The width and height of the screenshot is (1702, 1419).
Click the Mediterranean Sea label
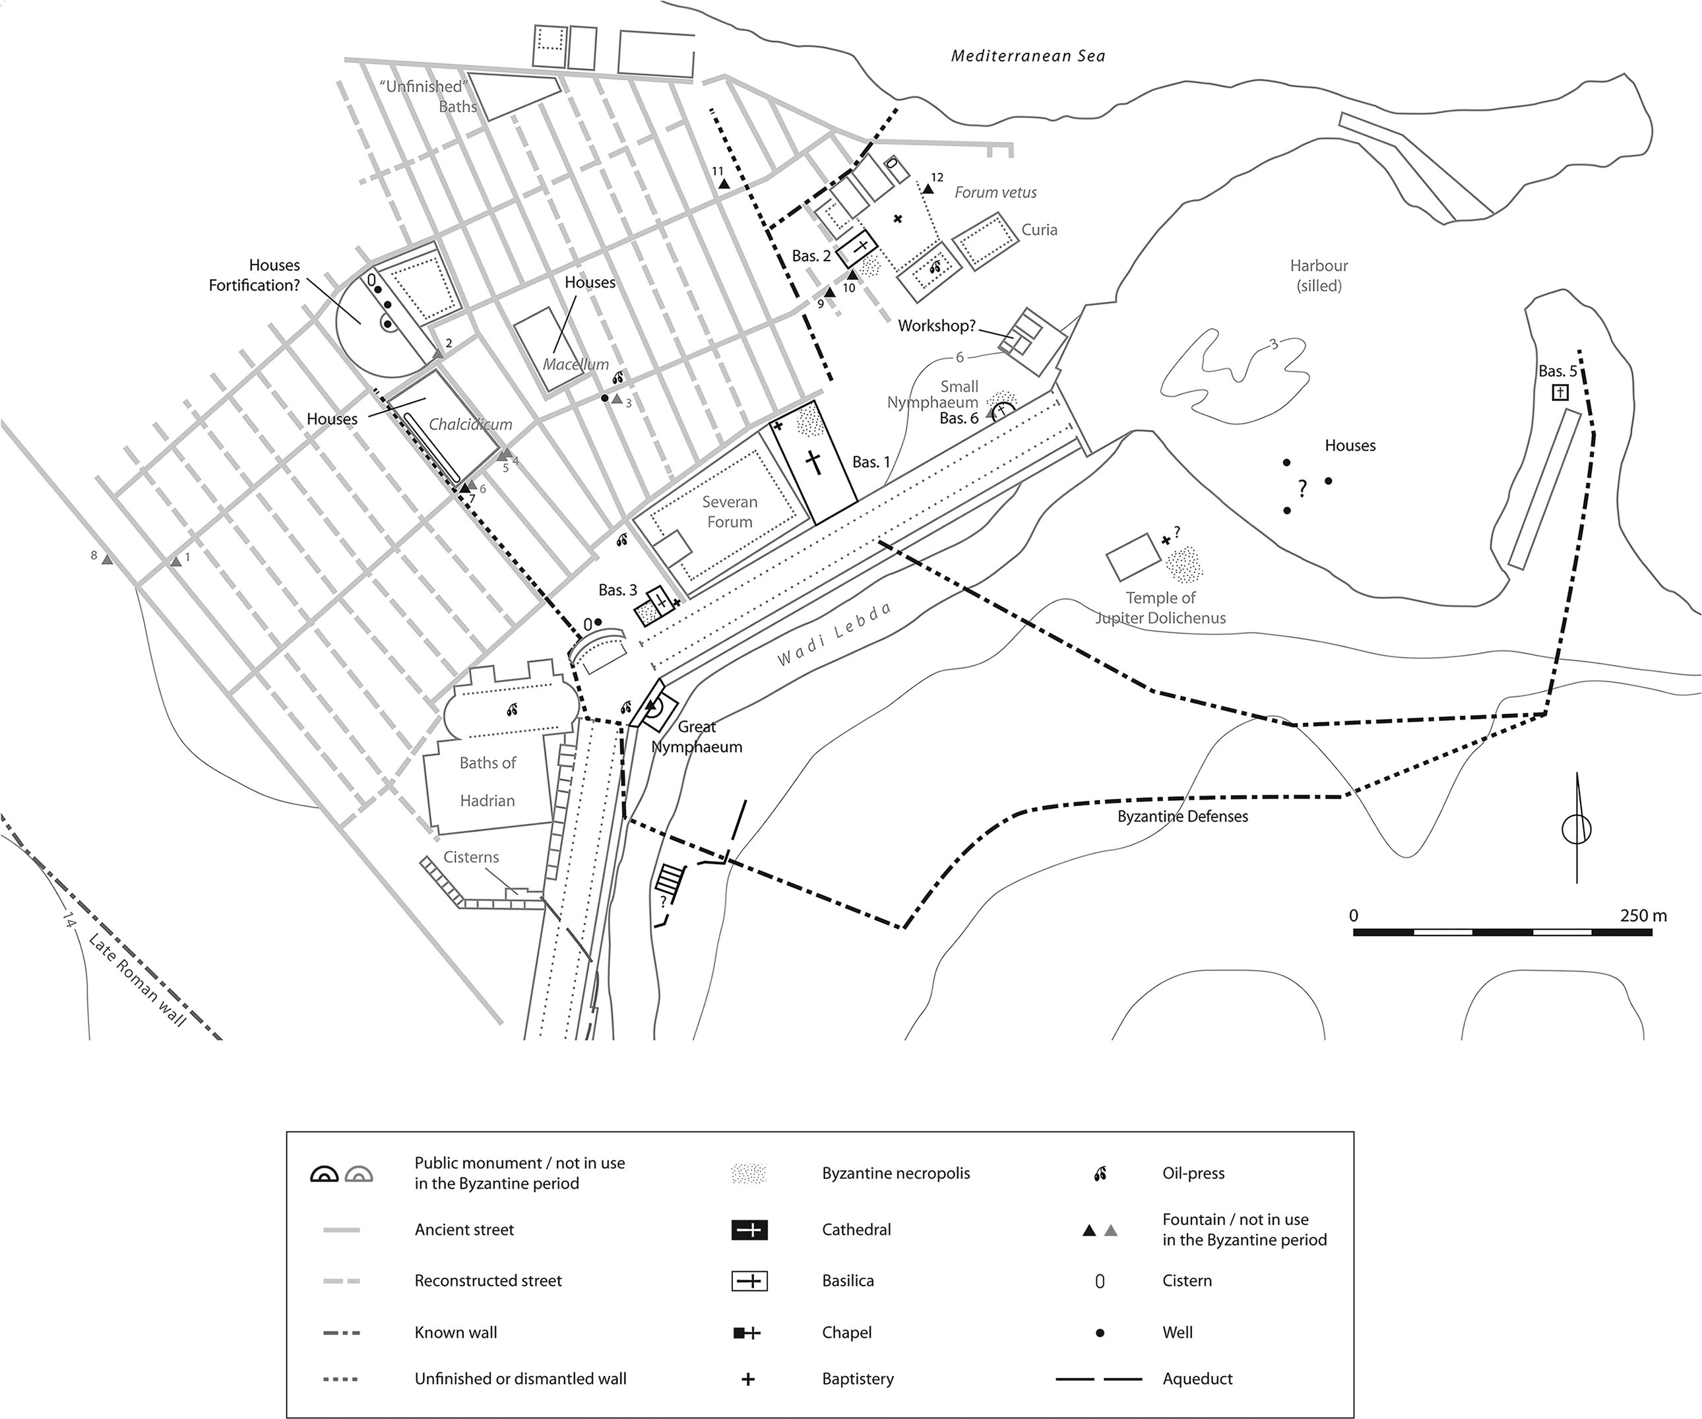(x=1028, y=56)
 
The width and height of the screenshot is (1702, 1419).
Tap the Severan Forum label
(x=730, y=511)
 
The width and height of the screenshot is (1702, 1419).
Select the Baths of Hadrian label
(x=487, y=781)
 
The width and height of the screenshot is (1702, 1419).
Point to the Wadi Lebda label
(x=834, y=635)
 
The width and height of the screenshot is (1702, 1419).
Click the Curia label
(x=1039, y=230)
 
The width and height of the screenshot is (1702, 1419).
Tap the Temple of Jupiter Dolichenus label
(x=1160, y=608)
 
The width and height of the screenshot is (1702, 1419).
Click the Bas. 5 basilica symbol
(x=1560, y=393)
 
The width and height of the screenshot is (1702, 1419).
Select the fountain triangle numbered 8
(x=107, y=560)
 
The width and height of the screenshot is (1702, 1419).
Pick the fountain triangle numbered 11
(x=724, y=185)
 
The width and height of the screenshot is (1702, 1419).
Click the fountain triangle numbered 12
(x=928, y=189)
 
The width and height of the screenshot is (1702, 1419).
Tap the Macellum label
(x=575, y=364)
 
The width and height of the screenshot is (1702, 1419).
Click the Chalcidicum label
(x=470, y=424)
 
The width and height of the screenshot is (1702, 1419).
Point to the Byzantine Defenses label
(x=1182, y=816)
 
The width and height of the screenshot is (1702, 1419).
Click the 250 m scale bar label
(x=1643, y=916)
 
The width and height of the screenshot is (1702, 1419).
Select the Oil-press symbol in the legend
(x=1100, y=1174)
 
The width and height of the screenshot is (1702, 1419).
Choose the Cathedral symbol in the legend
(x=749, y=1230)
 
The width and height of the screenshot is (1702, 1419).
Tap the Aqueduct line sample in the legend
(x=1099, y=1379)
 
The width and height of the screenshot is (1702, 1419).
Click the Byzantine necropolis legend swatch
(x=749, y=1174)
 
